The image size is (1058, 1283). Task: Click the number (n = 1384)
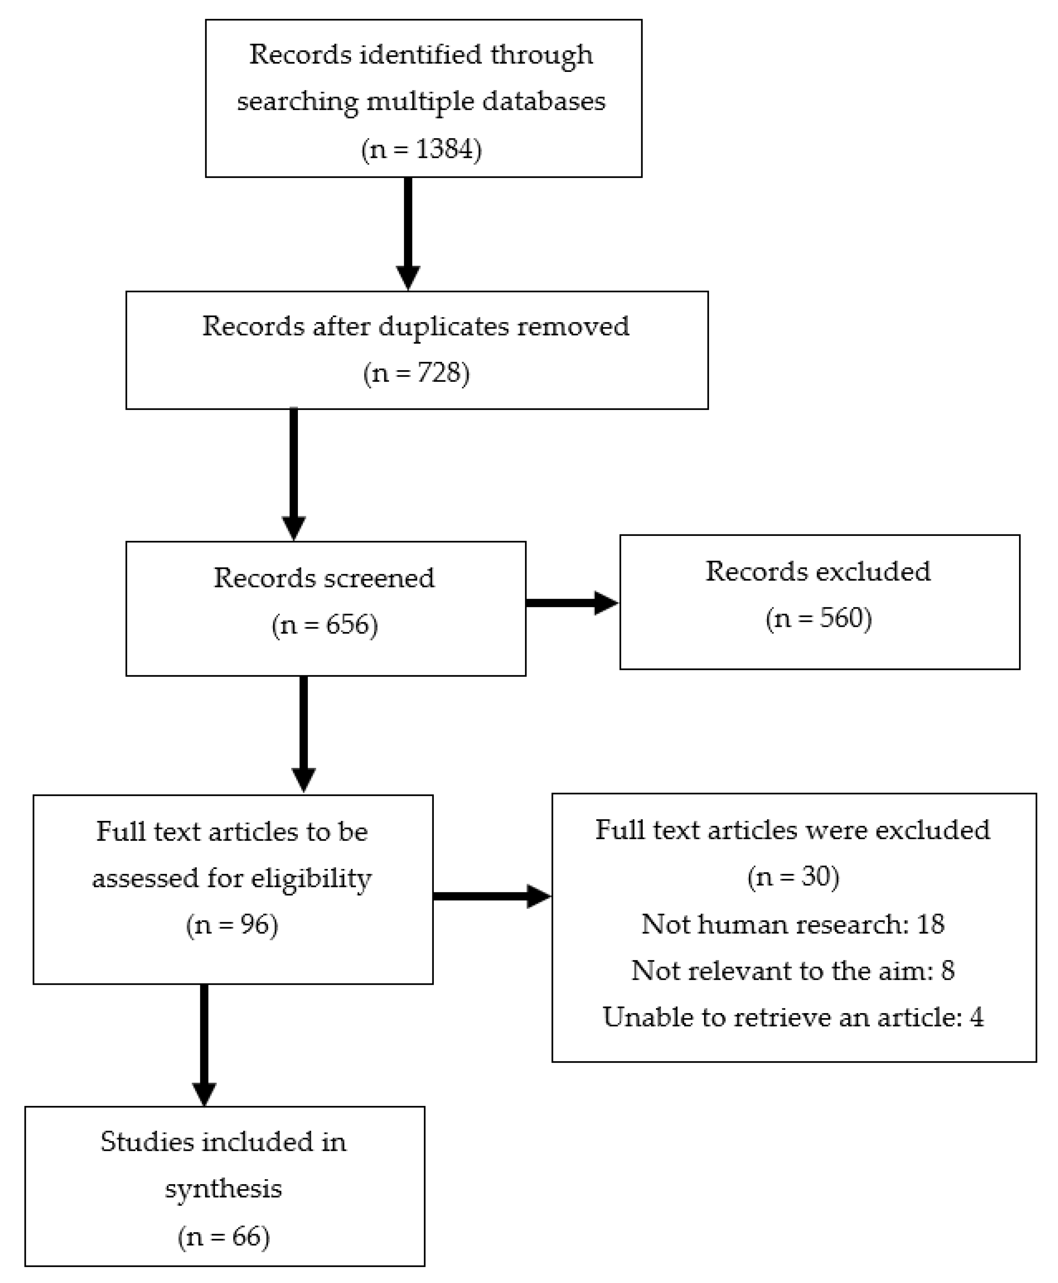(421, 149)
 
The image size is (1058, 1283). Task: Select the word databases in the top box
(544, 101)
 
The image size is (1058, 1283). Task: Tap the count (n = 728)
(416, 373)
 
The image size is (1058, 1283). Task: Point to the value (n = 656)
(325, 625)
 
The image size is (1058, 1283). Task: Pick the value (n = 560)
(818, 618)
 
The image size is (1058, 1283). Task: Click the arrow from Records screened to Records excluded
(571, 603)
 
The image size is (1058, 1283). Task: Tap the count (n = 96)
(232, 925)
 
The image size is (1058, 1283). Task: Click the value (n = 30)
(793, 877)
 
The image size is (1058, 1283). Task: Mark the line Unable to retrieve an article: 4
(793, 1017)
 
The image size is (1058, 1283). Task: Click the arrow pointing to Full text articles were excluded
(491, 896)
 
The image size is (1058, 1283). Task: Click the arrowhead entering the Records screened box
(294, 527)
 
